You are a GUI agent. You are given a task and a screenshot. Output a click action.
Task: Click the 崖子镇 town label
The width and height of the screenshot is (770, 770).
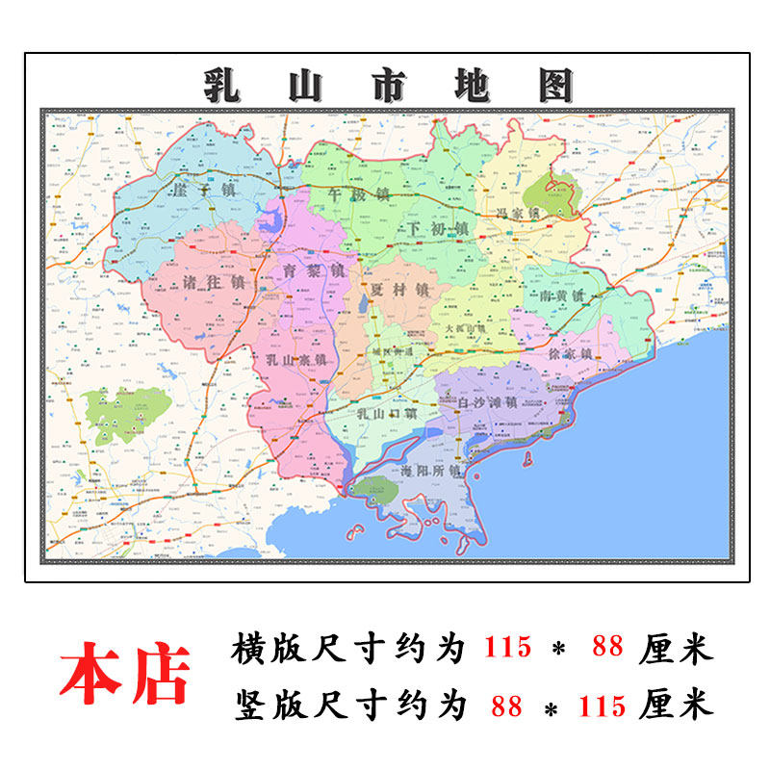coord(200,190)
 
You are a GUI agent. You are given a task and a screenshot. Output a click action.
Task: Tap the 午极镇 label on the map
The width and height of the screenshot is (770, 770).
coord(358,193)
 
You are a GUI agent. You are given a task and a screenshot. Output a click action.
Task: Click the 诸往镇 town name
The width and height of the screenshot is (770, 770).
coord(213,284)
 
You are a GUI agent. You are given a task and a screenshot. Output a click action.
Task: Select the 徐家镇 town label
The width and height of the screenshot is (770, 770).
coord(569,354)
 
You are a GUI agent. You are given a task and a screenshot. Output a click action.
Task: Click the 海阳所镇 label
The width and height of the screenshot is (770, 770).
coord(430,472)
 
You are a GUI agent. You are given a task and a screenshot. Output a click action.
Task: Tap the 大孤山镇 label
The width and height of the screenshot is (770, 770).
coord(467,328)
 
